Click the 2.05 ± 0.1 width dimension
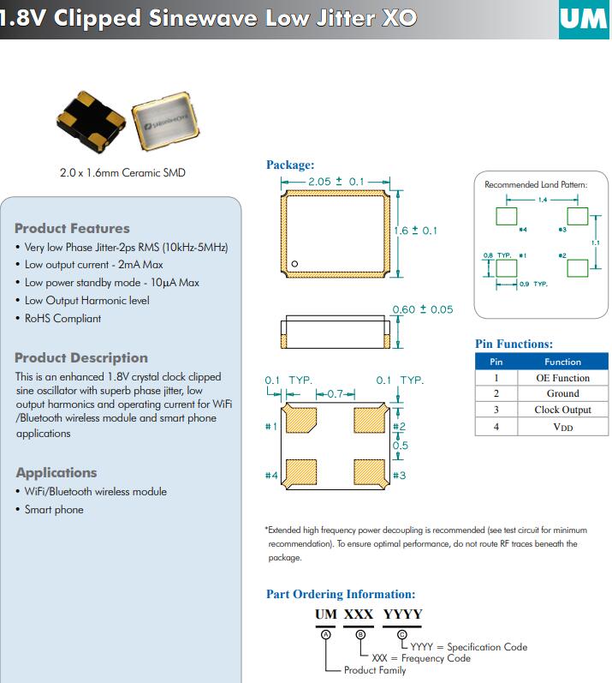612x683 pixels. click(x=336, y=182)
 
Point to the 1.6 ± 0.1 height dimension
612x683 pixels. click(x=415, y=231)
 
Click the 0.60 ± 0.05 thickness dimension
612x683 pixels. click(x=422, y=309)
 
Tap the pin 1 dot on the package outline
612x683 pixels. click(x=294, y=264)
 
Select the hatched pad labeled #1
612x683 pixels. click(x=301, y=421)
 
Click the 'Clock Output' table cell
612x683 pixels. click(x=562, y=410)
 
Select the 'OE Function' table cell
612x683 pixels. click(x=562, y=378)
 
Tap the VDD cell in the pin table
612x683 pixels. click(x=562, y=426)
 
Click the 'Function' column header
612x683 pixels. click(x=562, y=362)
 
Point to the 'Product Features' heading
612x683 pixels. click(x=72, y=228)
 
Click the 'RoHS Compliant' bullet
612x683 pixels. click(x=62, y=318)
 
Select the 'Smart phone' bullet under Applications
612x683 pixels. click(x=54, y=509)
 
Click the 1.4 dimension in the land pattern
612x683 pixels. click(x=542, y=199)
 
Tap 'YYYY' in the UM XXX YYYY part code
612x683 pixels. click(x=402, y=614)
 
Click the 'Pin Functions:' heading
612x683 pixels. click(x=514, y=344)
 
